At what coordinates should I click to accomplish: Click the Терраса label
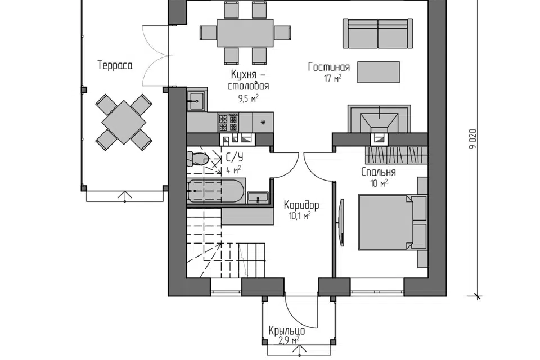[x=115, y=65]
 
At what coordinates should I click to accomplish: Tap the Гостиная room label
[x=329, y=67]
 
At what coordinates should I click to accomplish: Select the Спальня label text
[x=379, y=172]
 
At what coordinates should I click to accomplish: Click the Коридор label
[x=301, y=205]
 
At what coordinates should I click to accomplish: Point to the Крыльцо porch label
[x=287, y=331]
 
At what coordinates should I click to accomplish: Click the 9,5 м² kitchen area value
[x=248, y=98]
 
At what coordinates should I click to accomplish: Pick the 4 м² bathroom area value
[x=233, y=169]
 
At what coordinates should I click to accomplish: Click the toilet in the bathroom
[x=199, y=159]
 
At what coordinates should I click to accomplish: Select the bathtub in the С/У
[x=215, y=191]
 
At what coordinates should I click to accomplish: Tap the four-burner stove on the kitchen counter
[x=228, y=122]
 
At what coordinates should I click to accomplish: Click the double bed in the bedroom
[x=385, y=222]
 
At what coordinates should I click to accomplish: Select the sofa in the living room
[x=378, y=33]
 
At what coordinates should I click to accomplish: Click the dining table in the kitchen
[x=245, y=33]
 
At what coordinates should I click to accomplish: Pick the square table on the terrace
[x=124, y=122]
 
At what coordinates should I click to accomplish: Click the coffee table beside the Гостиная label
[x=379, y=73]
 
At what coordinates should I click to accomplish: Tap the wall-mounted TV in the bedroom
[x=342, y=222]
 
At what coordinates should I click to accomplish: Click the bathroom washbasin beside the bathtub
[x=258, y=197]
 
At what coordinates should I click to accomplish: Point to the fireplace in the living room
[x=379, y=119]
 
